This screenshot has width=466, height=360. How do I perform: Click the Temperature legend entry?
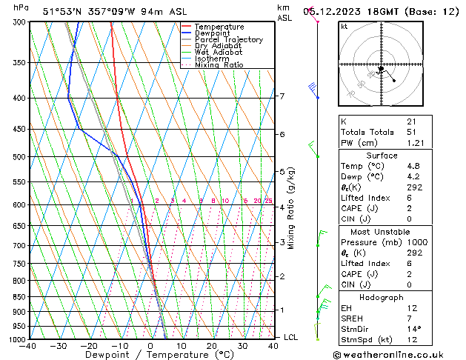(x=219, y=27)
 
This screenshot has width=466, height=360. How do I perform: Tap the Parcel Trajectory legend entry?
(x=228, y=40)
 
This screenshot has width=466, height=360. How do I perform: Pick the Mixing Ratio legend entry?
(x=219, y=65)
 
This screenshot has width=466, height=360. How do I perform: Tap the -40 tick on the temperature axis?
(x=29, y=346)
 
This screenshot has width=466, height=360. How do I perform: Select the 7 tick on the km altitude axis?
(x=282, y=96)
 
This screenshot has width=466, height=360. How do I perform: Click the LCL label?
(x=291, y=338)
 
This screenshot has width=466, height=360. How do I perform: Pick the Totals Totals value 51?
(x=411, y=132)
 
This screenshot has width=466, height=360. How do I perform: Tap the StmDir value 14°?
(x=414, y=329)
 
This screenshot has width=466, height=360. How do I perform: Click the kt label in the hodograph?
(x=344, y=26)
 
